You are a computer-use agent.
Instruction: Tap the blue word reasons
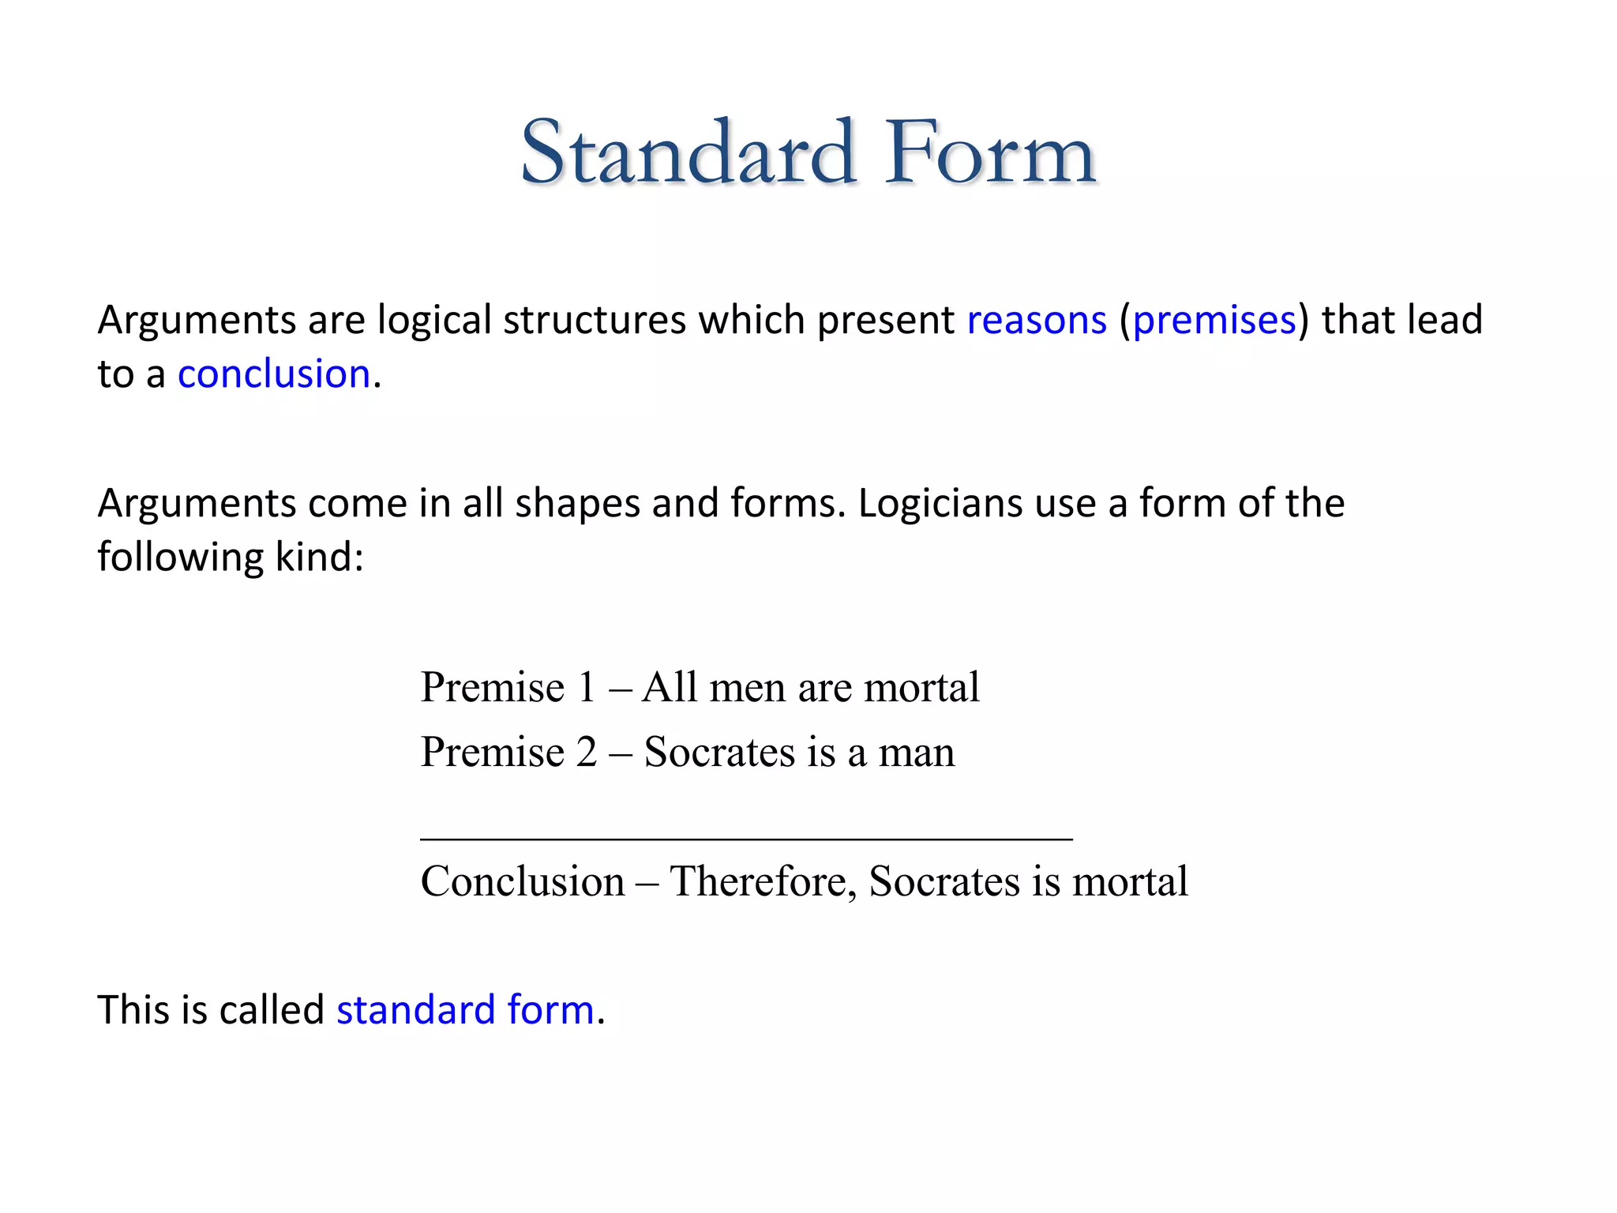pyautogui.click(x=1037, y=321)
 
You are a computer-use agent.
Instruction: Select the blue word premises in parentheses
pyautogui.click(x=1214, y=321)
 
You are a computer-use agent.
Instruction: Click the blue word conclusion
pyautogui.click(x=274, y=374)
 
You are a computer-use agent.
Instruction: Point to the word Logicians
pyautogui.click(x=940, y=503)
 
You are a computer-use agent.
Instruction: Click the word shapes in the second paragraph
pyautogui.click(x=577, y=503)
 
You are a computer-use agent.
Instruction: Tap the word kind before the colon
pyautogui.click(x=313, y=557)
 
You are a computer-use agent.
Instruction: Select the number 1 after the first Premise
pyautogui.click(x=586, y=687)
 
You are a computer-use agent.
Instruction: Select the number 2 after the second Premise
pyautogui.click(x=586, y=752)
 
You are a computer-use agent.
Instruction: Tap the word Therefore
pyautogui.click(x=763, y=881)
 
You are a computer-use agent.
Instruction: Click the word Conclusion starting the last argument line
pyautogui.click(x=523, y=881)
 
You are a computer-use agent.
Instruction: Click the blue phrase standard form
pyautogui.click(x=465, y=1010)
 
